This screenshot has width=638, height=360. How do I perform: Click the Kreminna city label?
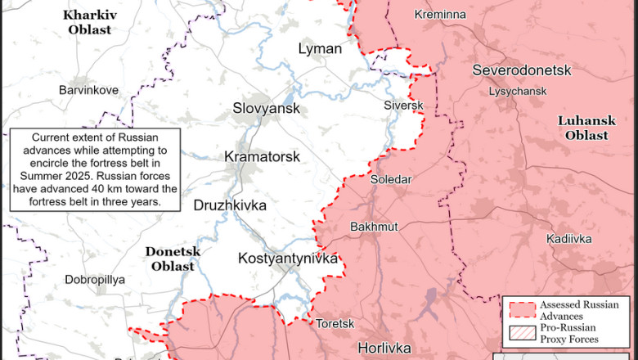click(440, 15)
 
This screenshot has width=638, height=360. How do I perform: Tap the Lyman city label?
click(320, 48)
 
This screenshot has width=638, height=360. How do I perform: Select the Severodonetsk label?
click(521, 70)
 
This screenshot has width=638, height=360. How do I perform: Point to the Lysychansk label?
click(517, 91)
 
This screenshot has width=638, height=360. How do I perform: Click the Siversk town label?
click(403, 106)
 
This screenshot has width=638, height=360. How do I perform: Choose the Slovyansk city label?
click(266, 108)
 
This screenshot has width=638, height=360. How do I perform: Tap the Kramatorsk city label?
click(262, 156)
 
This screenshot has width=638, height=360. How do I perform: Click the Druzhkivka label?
click(229, 205)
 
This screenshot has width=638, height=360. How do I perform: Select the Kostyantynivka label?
click(287, 258)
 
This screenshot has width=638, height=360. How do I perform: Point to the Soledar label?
click(391, 179)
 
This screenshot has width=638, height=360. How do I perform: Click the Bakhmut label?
click(373, 226)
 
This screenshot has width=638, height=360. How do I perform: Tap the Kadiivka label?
click(568, 239)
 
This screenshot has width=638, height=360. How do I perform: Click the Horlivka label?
click(384, 348)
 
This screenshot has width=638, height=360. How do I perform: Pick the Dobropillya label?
click(95, 279)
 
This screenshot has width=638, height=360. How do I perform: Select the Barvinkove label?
click(88, 90)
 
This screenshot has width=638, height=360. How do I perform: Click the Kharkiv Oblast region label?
click(89, 22)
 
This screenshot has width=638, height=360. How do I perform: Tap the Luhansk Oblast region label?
click(583, 128)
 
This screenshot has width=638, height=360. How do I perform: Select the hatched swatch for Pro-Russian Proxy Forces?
click(522, 333)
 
